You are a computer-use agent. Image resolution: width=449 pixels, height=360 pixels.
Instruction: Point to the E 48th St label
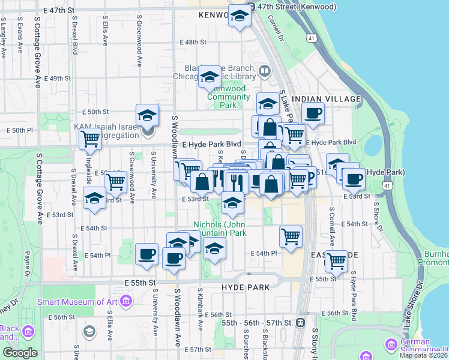pos(194,42)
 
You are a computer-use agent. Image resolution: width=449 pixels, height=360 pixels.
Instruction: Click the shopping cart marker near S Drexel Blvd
pos(91,139)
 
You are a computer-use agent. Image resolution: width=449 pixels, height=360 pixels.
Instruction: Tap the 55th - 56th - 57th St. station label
pos(256,322)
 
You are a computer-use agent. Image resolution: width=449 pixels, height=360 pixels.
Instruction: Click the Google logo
pos(19,353)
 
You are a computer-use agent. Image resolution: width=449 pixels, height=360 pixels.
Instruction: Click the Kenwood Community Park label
pos(228,97)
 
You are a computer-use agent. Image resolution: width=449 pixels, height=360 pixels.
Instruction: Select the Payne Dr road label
pos(27,263)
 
